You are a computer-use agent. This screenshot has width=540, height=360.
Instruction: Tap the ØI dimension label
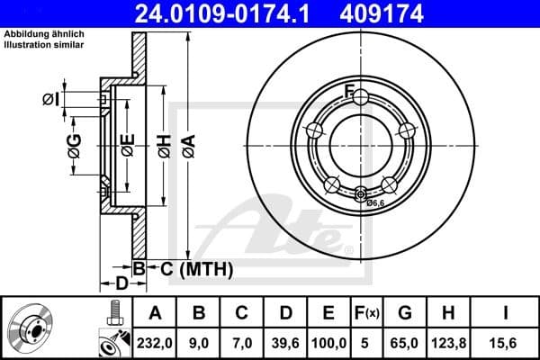point(50,98)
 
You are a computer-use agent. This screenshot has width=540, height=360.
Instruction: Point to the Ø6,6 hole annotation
point(375,203)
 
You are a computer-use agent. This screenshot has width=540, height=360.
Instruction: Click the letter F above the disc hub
point(350,88)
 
